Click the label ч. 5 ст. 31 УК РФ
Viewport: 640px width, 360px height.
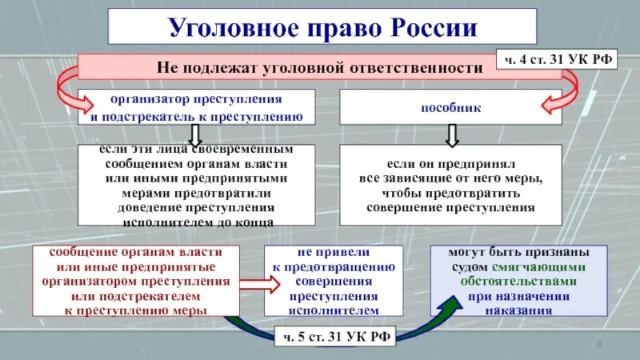point(335,337)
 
